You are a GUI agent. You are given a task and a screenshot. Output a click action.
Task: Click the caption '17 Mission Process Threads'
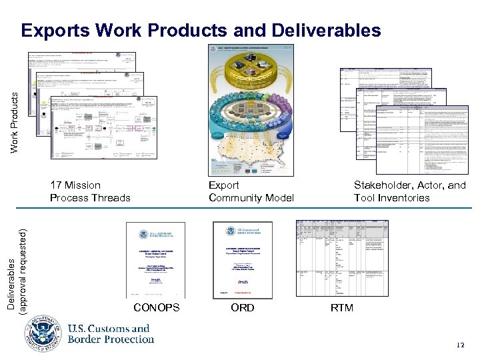point(90,191)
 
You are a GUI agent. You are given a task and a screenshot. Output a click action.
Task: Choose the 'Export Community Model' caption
point(251,191)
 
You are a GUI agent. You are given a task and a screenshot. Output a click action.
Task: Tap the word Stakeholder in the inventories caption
point(381,185)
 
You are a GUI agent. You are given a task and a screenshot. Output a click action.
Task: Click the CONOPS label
point(156,307)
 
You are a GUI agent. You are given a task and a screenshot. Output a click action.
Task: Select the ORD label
point(242,307)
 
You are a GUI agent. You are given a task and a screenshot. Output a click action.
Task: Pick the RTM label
point(343,307)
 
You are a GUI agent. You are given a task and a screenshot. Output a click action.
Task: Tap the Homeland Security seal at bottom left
point(45,333)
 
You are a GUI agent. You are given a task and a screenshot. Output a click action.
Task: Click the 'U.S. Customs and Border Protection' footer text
point(110,333)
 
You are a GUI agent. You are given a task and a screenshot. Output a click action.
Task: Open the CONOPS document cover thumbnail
point(155,260)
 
